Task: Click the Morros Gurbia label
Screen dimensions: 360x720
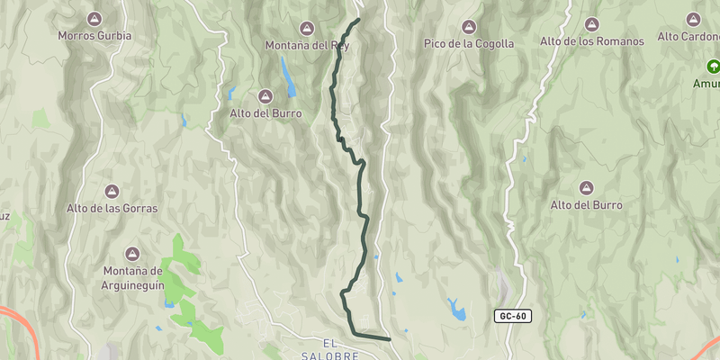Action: [x=94, y=36]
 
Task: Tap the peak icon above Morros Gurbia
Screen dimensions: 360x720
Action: [x=94, y=18]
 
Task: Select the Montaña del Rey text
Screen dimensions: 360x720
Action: [x=307, y=45]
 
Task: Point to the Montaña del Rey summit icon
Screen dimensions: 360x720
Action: [x=307, y=27]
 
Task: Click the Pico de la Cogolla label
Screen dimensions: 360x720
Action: [x=469, y=43]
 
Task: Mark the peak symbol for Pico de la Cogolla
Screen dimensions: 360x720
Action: [x=469, y=25]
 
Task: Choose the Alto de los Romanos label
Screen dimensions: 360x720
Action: [x=592, y=41]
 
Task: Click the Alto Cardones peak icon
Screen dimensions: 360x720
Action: [x=693, y=19]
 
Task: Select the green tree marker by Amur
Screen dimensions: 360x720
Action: [x=713, y=66]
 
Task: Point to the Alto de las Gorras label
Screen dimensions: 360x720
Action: [x=112, y=208]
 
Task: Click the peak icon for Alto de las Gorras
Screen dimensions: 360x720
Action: [x=112, y=191]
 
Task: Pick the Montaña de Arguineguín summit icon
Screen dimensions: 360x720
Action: [x=131, y=254]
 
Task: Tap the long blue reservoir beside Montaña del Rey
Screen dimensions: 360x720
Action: [x=287, y=77]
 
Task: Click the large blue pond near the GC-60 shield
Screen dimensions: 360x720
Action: [x=458, y=311]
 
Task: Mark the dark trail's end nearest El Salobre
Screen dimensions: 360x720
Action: [x=389, y=339]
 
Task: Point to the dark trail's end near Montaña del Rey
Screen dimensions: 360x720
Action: [x=358, y=19]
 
